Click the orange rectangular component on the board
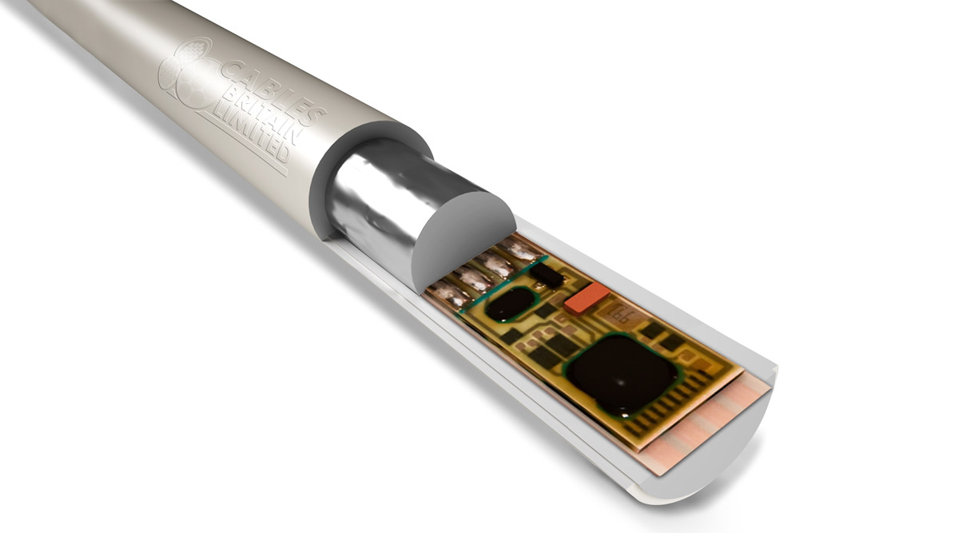(x=587, y=298)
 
